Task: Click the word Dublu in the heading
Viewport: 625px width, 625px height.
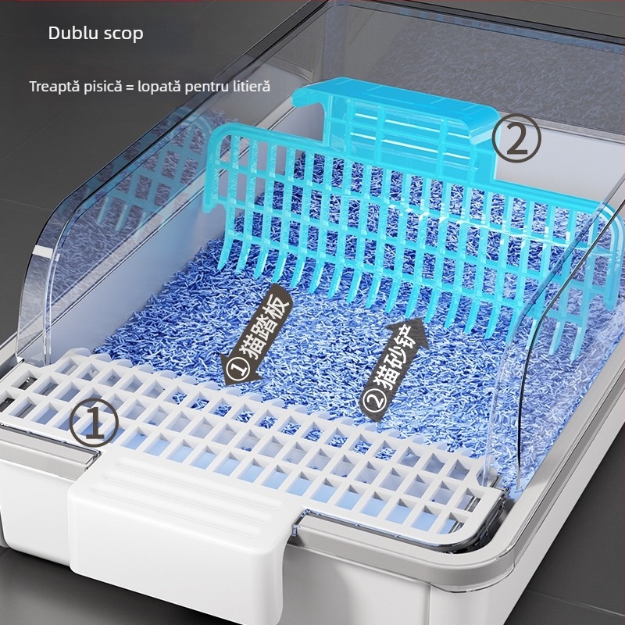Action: (x=73, y=33)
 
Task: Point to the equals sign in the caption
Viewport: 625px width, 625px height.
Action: (x=129, y=87)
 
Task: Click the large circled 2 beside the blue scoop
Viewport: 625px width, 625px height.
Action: (x=516, y=138)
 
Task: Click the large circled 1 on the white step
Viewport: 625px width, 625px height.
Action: (x=94, y=421)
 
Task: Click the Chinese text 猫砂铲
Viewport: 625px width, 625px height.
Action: (x=395, y=363)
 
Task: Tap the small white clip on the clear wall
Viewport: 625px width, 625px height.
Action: (x=42, y=251)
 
